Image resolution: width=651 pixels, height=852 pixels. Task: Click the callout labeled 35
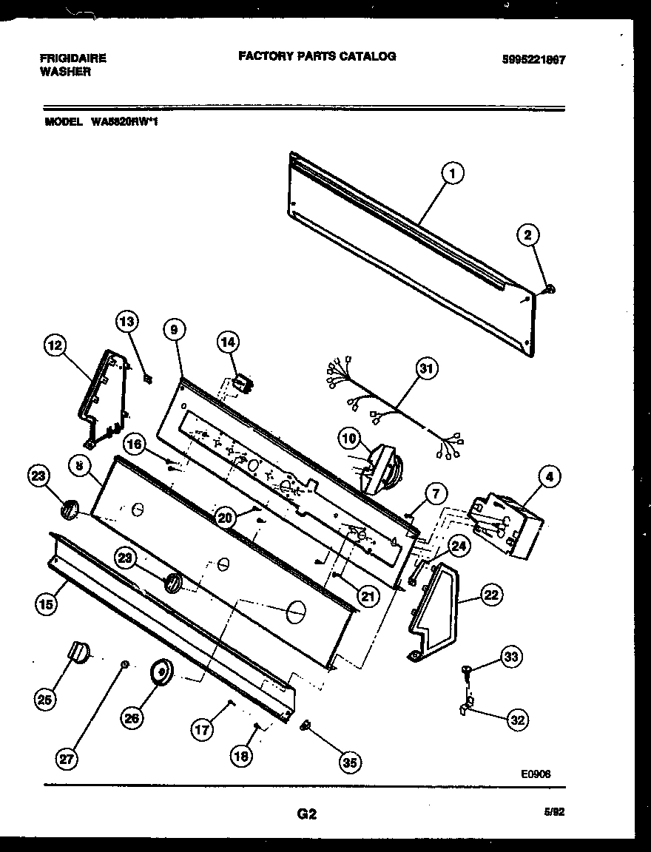pyautogui.click(x=349, y=761)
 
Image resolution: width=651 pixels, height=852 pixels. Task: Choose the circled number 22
pyautogui.click(x=490, y=593)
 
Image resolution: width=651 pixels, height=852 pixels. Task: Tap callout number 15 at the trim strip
pyautogui.click(x=45, y=604)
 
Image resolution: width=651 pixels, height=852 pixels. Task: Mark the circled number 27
pyautogui.click(x=68, y=760)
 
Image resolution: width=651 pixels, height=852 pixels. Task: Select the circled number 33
pyautogui.click(x=510, y=656)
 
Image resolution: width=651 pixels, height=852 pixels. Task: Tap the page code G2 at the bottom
pyautogui.click(x=307, y=814)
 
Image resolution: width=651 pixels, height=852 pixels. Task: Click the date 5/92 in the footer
pyautogui.click(x=553, y=811)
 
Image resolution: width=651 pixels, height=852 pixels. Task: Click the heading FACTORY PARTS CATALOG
pyautogui.click(x=317, y=56)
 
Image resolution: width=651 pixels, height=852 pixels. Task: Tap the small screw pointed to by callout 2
pyautogui.click(x=551, y=289)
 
